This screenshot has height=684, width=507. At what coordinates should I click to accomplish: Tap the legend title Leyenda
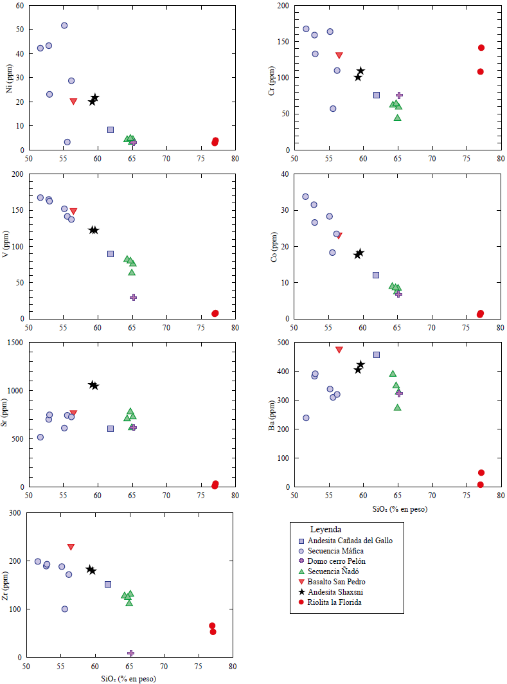point(326,529)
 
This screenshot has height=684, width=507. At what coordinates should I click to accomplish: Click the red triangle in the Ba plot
point(339,350)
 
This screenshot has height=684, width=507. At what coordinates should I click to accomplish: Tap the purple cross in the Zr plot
point(131,653)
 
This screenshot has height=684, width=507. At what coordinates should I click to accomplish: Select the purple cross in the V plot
point(134,297)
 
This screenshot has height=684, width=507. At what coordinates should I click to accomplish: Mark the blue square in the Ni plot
point(111,130)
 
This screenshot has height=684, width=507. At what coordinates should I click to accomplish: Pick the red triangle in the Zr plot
point(71,547)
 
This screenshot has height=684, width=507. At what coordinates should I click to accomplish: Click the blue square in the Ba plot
point(377,355)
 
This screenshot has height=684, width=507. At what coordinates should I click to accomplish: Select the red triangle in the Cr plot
point(339,56)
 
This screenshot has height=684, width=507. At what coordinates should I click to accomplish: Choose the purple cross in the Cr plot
point(399,95)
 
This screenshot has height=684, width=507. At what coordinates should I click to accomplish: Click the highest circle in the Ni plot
point(64,26)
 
